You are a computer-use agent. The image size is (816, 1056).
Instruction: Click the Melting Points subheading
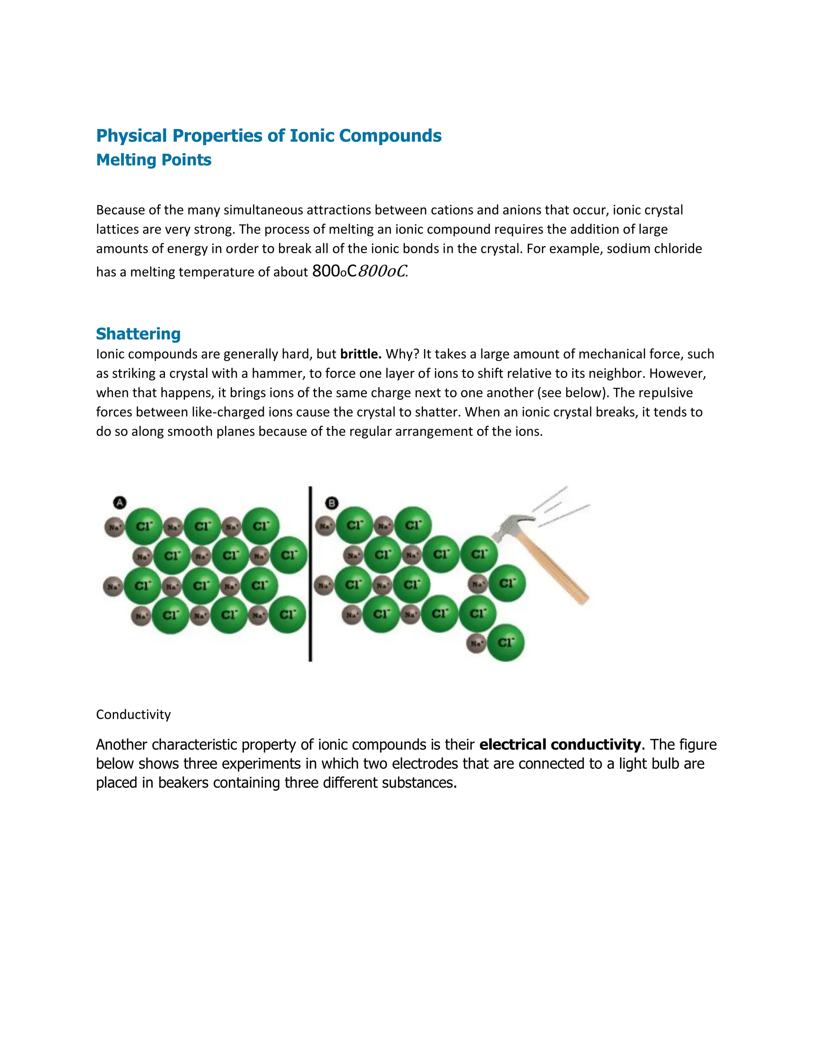[x=153, y=160]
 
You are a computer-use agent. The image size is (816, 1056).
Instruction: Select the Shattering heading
[x=138, y=334]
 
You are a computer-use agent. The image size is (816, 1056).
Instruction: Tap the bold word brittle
[x=361, y=354]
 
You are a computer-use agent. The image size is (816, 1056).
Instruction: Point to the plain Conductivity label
[x=133, y=714]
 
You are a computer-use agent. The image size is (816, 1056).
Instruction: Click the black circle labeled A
[x=120, y=502]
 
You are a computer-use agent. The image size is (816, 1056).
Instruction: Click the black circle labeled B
[x=331, y=503]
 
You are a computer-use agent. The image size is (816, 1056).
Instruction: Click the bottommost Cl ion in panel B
[x=506, y=643]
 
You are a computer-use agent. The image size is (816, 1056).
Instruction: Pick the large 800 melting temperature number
[x=326, y=271]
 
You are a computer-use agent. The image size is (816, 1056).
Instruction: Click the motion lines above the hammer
[x=561, y=508]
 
